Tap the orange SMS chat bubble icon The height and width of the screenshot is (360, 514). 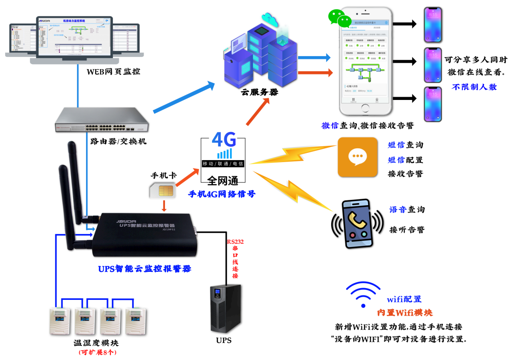click(x=358, y=157)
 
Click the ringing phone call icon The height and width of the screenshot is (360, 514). click(x=358, y=223)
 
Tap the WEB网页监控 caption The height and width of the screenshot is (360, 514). click(x=113, y=72)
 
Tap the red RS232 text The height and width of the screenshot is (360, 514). click(x=234, y=242)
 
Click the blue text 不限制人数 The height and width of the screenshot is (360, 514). click(x=474, y=87)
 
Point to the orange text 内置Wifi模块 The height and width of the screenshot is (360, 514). click(x=405, y=313)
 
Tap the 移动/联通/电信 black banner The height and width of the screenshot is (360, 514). click(x=223, y=164)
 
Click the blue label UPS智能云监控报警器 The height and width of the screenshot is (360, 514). click(x=145, y=269)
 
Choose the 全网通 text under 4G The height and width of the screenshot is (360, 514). click(x=223, y=180)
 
